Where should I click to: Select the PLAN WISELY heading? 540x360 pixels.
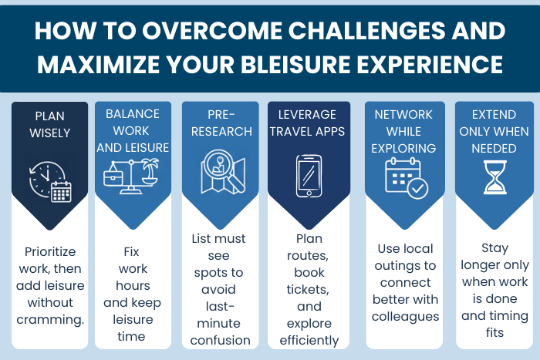click(51, 124)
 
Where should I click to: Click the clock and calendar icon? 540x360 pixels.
click(51, 180)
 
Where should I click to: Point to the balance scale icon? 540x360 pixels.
click(130, 174)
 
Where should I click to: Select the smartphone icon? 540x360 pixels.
click(309, 177)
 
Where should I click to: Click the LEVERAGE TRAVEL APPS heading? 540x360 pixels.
click(309, 124)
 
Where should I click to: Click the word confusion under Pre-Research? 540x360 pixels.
click(220, 339)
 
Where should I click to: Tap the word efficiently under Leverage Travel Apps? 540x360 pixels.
click(309, 339)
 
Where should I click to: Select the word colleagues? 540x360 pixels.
click(406, 316)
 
